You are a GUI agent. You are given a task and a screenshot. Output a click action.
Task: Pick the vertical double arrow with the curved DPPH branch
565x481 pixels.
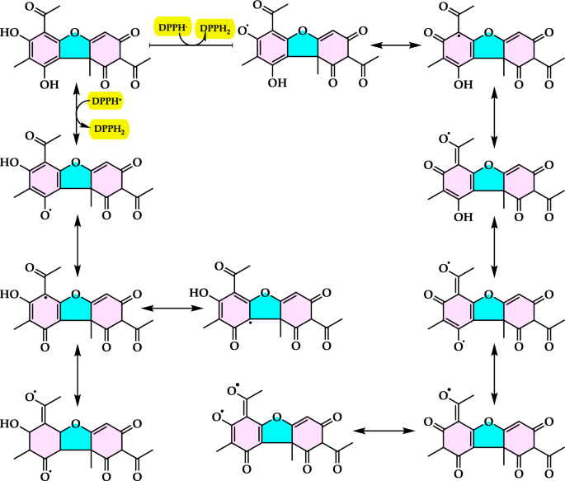tap(77, 115)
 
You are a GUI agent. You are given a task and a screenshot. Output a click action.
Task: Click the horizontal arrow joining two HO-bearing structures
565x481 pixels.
tap(172, 309)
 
